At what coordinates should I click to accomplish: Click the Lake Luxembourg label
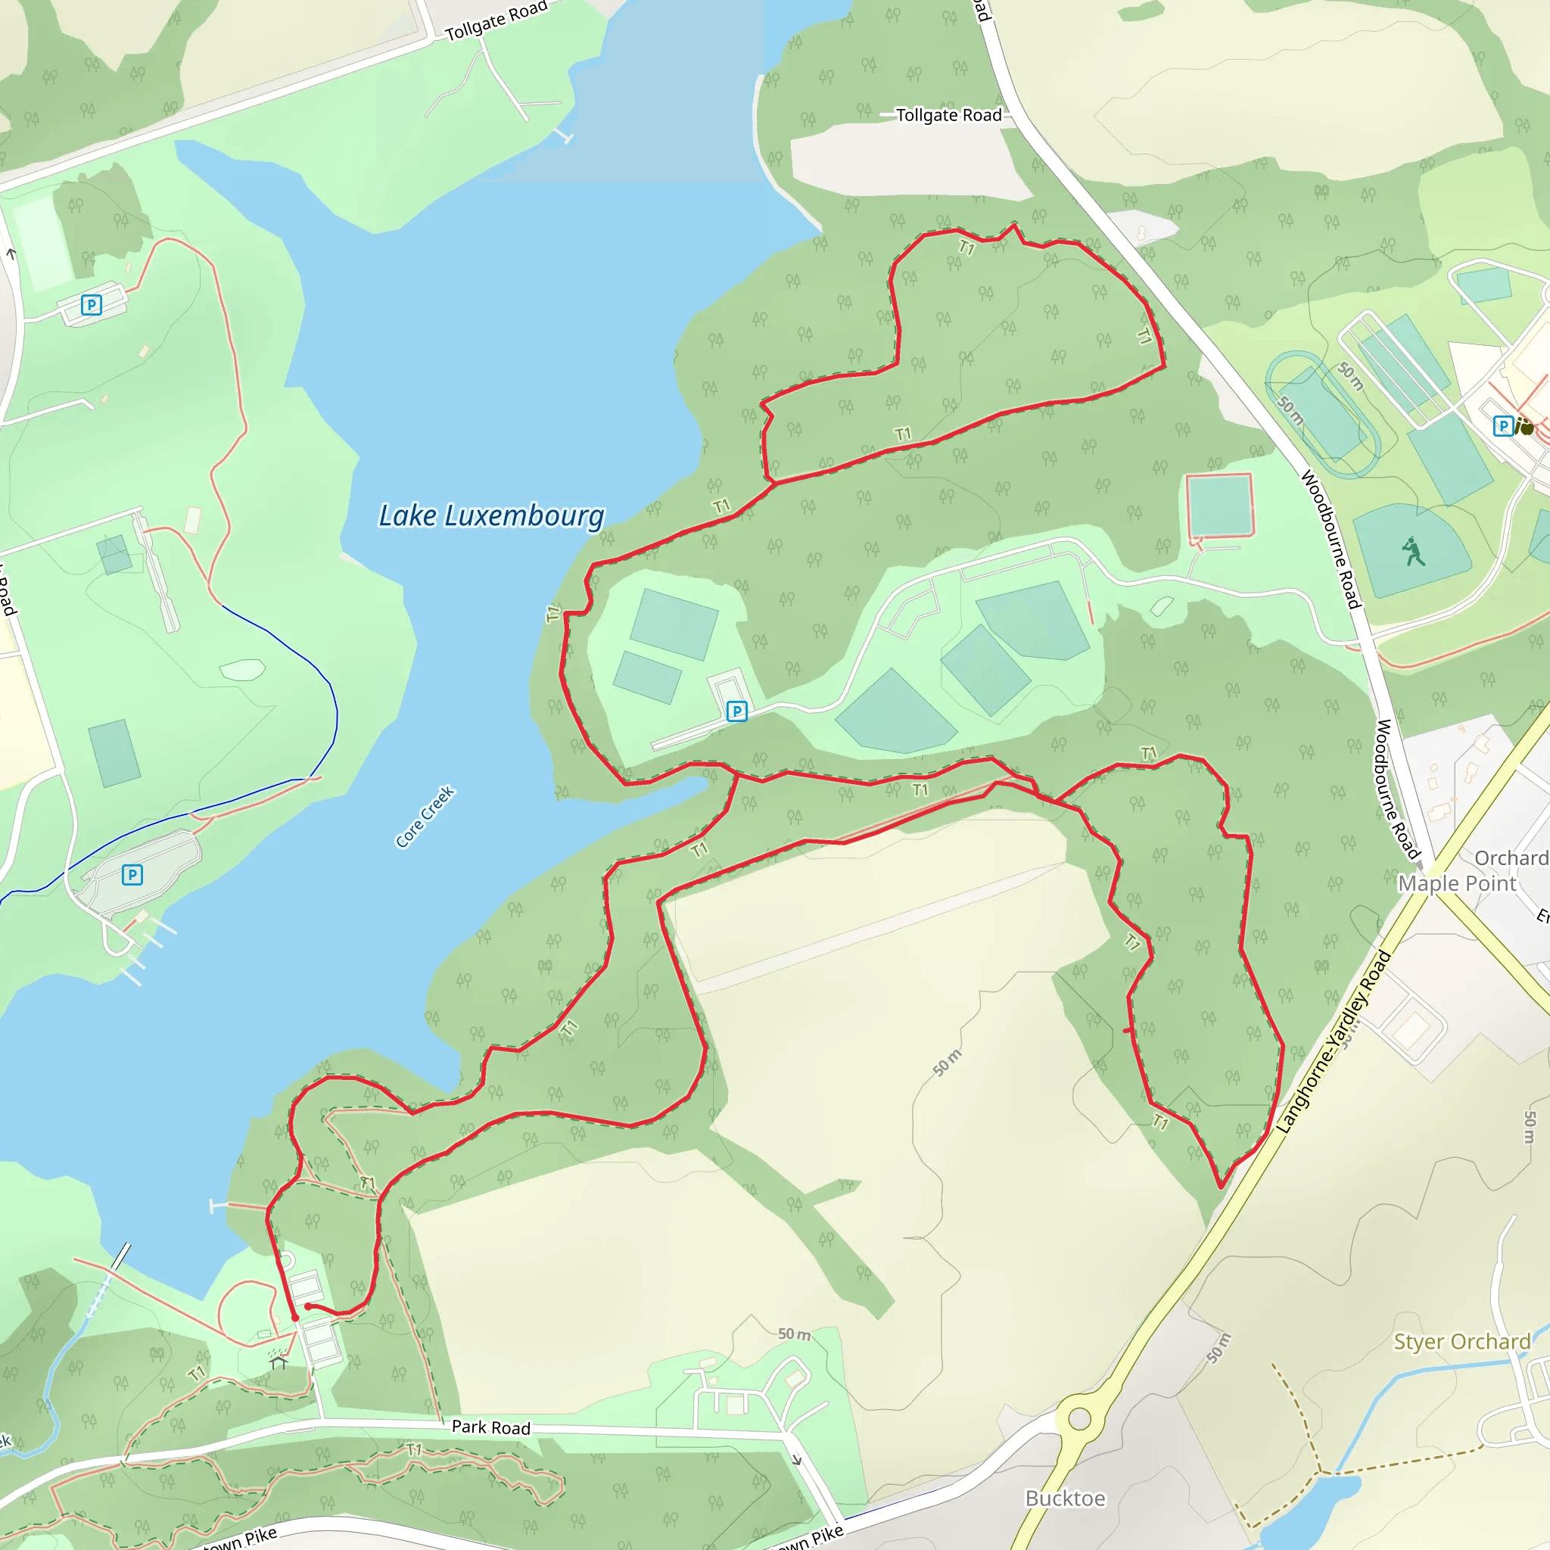(491, 516)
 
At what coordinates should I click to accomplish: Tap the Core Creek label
(425, 816)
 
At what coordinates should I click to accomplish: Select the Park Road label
(491, 1427)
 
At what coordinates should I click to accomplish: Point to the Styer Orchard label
(1461, 1342)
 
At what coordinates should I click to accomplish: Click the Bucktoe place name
(1065, 1499)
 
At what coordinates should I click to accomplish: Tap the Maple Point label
(1457, 883)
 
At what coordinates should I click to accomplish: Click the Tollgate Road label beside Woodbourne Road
(948, 116)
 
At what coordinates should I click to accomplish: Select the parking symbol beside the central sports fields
(736, 711)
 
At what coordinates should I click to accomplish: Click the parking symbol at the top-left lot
(92, 305)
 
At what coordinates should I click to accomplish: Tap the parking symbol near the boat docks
(132, 874)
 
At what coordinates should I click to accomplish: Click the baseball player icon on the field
(1413, 552)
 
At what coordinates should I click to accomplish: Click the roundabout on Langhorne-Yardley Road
(1079, 1419)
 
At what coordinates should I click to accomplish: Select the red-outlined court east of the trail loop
(1219, 506)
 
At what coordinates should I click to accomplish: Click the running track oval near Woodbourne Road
(1322, 415)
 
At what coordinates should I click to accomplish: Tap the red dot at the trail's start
(295, 1318)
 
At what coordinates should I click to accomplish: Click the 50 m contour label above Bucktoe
(1218, 1349)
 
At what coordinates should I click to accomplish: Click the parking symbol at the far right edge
(1502, 426)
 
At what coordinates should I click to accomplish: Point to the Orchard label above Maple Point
(1511, 857)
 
